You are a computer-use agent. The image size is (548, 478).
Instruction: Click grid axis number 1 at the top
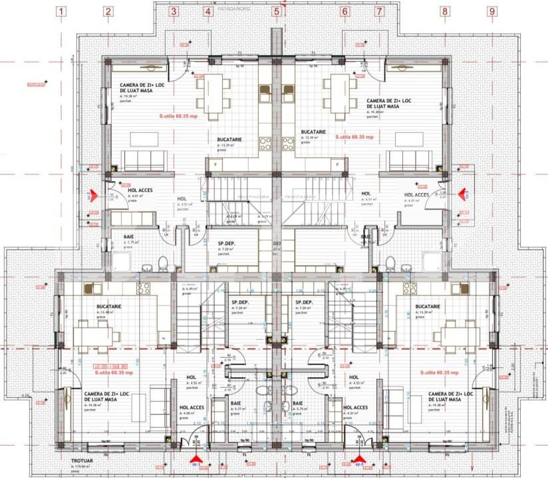click(61, 11)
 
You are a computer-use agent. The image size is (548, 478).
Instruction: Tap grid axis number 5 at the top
click(276, 11)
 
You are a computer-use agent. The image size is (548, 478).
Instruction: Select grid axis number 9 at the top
click(491, 11)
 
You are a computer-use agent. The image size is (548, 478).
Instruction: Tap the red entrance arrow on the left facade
click(94, 195)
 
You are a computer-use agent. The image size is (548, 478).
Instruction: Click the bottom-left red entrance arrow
click(195, 459)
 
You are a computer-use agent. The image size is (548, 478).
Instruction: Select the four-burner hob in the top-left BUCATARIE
click(265, 143)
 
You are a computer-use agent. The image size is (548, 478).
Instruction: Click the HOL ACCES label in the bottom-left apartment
click(192, 408)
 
